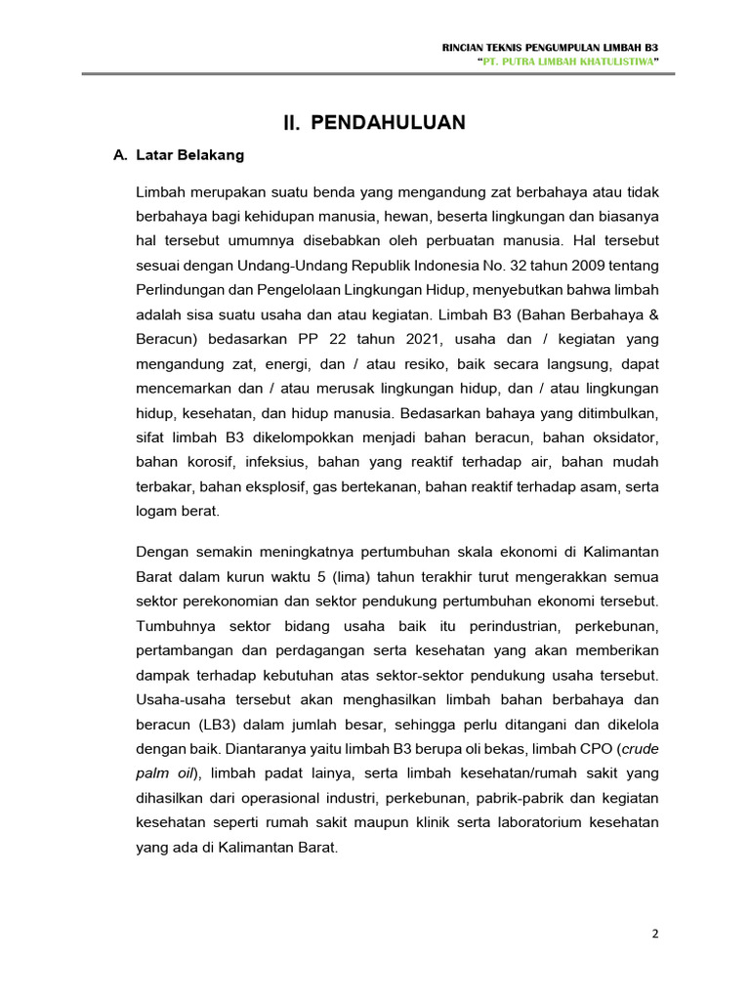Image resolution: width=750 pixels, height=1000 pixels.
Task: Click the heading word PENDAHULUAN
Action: [x=388, y=122]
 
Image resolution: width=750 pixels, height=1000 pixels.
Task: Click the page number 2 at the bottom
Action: [x=655, y=934]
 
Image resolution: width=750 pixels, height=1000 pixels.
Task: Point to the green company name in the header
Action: [x=568, y=62]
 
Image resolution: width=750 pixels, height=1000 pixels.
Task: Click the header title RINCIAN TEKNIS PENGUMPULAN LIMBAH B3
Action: [x=551, y=47]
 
